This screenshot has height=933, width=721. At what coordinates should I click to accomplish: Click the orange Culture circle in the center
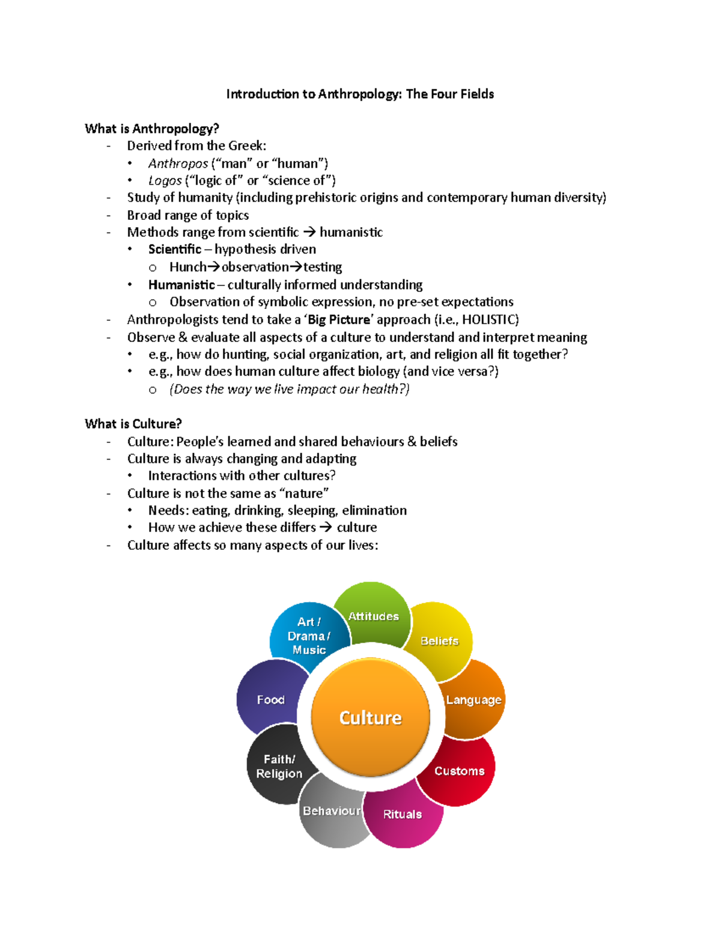tap(371, 717)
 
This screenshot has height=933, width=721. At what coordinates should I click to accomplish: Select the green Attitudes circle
tap(373, 616)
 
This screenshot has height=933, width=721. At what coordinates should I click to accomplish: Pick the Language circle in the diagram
tap(473, 700)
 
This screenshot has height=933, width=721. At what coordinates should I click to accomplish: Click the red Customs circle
tap(459, 771)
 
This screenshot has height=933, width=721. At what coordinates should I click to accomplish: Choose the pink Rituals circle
tap(403, 814)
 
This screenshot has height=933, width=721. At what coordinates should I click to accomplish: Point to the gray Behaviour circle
tap(332, 811)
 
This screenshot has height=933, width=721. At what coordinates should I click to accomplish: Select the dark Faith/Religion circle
tap(279, 767)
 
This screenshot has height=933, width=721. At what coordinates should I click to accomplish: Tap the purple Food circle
tap(270, 700)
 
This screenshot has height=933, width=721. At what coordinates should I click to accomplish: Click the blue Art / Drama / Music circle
tap(309, 636)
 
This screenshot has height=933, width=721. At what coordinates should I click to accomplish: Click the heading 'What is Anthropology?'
tap(152, 129)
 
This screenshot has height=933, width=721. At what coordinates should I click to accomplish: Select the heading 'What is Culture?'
tap(133, 424)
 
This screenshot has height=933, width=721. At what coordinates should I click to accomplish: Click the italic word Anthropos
tap(178, 163)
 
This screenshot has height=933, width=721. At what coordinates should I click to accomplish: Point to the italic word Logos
tap(165, 181)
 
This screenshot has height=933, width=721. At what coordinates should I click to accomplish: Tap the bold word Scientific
tap(175, 249)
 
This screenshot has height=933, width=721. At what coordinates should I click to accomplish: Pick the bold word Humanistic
tap(181, 285)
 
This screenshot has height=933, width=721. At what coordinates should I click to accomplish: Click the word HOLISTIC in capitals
tap(488, 320)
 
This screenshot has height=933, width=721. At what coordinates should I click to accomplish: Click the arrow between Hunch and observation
tap(214, 267)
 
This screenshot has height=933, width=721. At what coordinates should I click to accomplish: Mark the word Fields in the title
tap(475, 94)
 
